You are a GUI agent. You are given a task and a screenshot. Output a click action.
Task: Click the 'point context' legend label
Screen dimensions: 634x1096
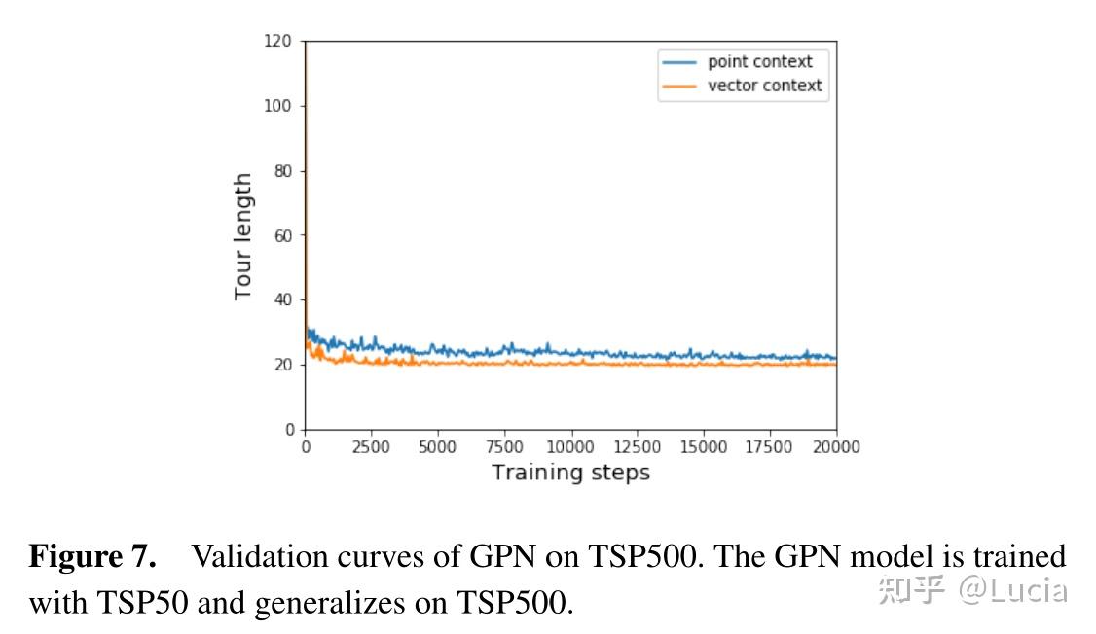point(759,61)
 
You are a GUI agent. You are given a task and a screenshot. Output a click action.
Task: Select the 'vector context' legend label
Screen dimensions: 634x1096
point(764,86)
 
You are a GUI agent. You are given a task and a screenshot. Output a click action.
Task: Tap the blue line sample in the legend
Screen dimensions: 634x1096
point(679,61)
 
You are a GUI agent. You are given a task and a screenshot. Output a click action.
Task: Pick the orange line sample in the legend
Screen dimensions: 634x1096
point(679,86)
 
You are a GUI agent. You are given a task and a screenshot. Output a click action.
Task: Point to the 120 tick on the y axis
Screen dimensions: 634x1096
point(279,41)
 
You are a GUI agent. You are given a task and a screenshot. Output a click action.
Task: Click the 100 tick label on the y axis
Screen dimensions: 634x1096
point(279,106)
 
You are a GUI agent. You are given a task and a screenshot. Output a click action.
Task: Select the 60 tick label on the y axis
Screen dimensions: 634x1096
point(283,235)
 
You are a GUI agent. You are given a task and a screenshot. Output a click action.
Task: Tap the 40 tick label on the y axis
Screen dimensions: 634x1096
point(283,299)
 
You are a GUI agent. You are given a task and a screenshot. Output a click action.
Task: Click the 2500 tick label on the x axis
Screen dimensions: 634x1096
point(371,447)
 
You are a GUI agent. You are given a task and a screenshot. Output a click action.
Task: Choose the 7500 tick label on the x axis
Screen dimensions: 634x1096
point(504,447)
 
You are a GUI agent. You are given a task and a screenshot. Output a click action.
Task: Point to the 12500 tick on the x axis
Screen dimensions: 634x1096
point(637,447)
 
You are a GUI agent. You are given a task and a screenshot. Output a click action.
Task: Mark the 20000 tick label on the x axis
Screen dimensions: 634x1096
point(836,447)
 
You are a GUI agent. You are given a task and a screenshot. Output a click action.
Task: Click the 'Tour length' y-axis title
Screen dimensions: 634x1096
point(243,236)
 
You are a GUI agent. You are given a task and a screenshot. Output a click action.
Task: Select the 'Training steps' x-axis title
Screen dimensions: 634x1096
point(570,474)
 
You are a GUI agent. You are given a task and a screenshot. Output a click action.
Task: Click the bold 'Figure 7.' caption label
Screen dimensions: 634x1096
point(92,557)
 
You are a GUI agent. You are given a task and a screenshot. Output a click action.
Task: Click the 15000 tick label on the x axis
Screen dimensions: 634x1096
point(703,447)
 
